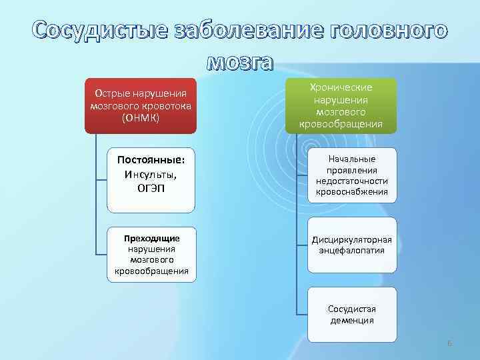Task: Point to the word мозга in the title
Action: point(240,61)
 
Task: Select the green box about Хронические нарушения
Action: point(341,105)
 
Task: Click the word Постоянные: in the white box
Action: point(151,161)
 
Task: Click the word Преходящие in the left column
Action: point(151,237)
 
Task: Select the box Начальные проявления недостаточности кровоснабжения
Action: point(352,176)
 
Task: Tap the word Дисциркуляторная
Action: point(352,240)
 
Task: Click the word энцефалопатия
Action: point(352,251)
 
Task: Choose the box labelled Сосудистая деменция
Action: point(352,314)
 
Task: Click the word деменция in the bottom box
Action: point(352,320)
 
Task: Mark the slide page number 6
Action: point(449,343)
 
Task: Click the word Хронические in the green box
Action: point(341,88)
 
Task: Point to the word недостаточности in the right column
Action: point(352,181)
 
